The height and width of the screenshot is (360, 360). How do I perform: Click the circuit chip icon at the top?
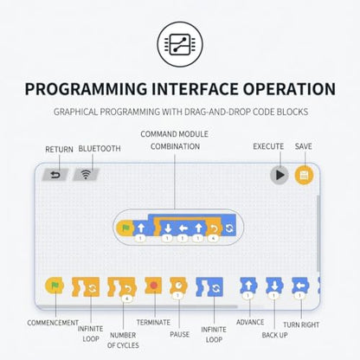pos(180,44)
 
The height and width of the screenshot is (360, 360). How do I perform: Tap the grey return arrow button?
pos(55,175)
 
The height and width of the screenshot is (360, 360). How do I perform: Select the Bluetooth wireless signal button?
pos(86,175)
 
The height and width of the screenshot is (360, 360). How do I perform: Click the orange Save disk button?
pos(304,175)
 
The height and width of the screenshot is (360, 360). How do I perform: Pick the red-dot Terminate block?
pos(153,286)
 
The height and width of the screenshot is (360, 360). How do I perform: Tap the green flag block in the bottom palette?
pos(55,286)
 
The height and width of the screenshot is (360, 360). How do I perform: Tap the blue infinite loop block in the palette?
pos(209,287)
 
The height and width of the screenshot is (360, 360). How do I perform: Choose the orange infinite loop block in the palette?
pos(86,287)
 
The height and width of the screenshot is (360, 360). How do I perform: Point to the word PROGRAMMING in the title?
pos(86,89)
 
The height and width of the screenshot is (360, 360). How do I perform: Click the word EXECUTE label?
pos(268,146)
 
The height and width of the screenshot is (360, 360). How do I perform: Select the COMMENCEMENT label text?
pos(53,323)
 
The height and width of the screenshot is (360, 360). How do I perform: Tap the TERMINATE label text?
pos(153,322)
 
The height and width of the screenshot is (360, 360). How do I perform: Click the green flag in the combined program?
pos(125,228)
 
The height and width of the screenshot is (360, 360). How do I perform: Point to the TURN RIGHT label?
pos(301,325)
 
